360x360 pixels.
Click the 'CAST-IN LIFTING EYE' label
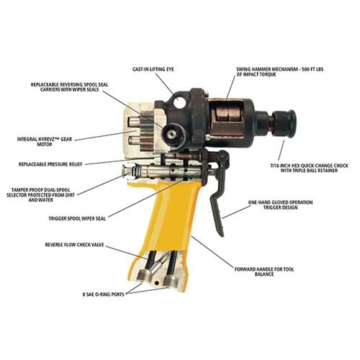click(153, 69)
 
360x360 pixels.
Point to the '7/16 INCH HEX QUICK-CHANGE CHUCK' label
click(309, 168)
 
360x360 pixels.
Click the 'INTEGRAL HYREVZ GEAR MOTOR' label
click(45, 142)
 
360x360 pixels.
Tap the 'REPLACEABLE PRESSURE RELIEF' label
click(50, 164)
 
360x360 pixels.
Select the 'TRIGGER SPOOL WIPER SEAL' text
click(77, 219)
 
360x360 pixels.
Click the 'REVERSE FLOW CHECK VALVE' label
click(75, 245)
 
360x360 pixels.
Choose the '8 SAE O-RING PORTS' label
click(104, 294)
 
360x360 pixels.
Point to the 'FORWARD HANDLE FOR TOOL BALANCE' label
click(264, 271)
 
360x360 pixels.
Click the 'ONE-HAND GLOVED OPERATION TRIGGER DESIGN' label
click(280, 204)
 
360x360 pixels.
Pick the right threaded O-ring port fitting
click(171, 281)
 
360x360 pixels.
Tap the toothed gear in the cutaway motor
click(146, 130)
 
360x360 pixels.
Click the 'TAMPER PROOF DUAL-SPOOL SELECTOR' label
click(40, 194)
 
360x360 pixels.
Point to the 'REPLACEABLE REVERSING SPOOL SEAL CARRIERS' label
click(69, 87)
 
